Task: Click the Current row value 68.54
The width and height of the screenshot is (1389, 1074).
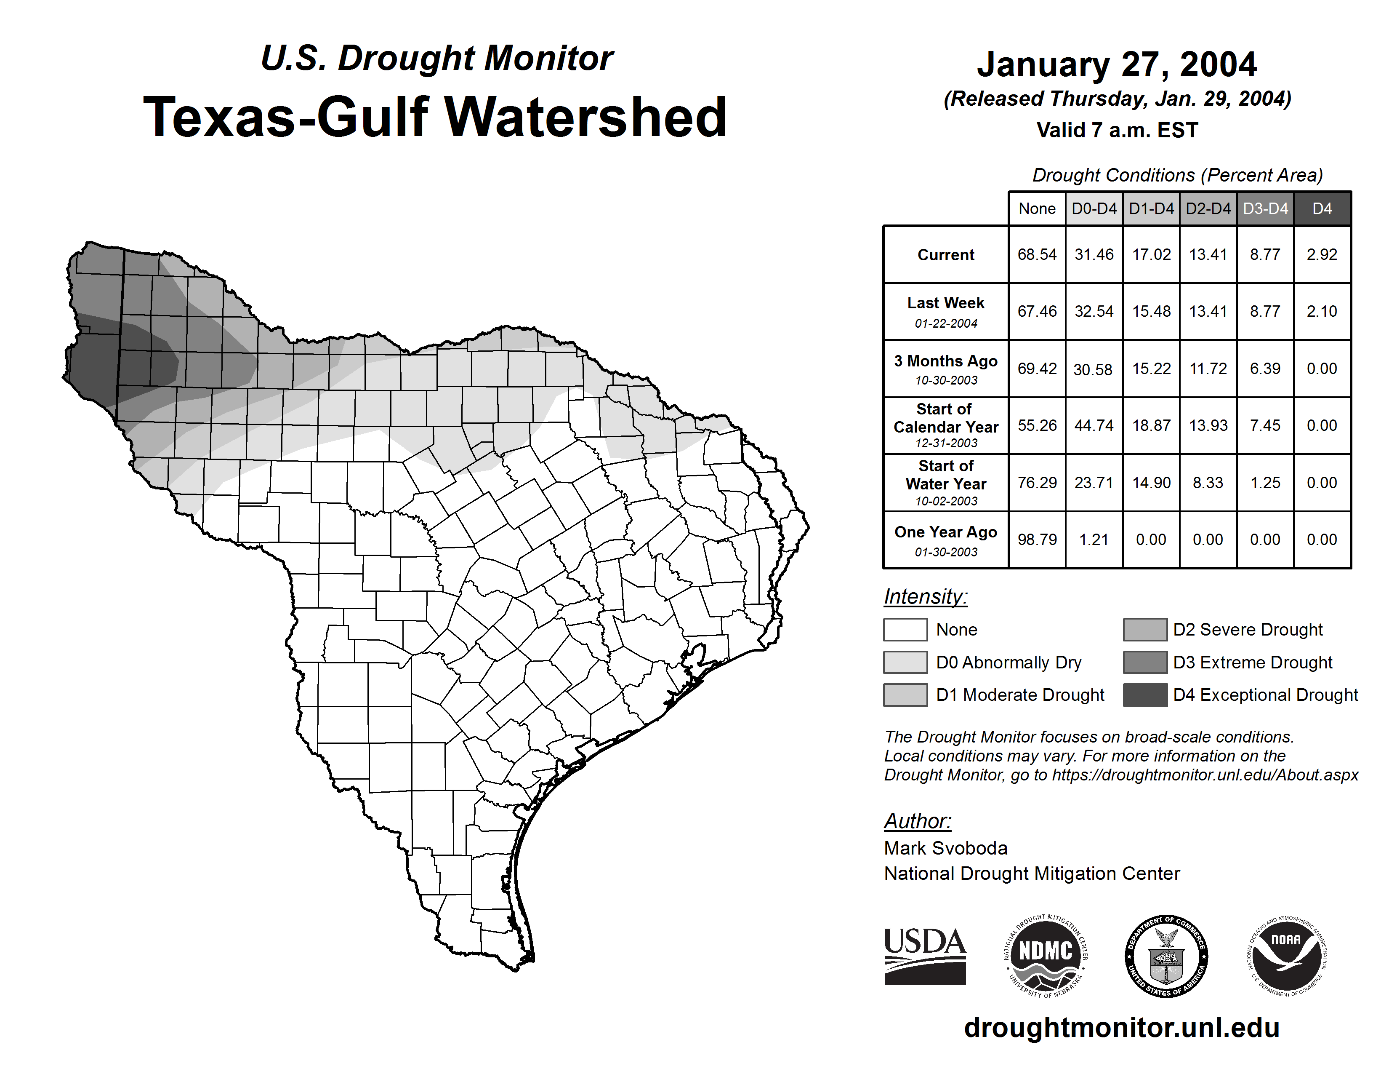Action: pos(1037,254)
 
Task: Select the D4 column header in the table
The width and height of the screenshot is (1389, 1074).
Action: pos(1322,208)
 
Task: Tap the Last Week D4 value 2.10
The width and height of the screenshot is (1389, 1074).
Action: pos(1322,311)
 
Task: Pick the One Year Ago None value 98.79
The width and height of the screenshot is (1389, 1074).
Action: pos(1037,540)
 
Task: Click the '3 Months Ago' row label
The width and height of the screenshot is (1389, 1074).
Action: pos(946,369)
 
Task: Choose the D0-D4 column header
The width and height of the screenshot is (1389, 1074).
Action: pos(1094,208)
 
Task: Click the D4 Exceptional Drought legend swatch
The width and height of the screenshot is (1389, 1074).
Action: pos(1145,695)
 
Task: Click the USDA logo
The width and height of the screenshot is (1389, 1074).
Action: pos(925,956)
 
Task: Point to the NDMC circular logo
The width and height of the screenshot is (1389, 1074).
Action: pos(1046,956)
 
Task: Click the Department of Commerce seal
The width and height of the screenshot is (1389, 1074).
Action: pos(1166,956)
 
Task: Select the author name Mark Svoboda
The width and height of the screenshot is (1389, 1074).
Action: pos(946,848)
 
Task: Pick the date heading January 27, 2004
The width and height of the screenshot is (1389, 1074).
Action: pos(1117,64)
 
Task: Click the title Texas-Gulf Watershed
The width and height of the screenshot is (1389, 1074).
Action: pos(435,117)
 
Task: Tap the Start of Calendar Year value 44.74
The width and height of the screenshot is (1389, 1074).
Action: pos(1094,426)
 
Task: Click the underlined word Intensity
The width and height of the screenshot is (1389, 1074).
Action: pos(925,597)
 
